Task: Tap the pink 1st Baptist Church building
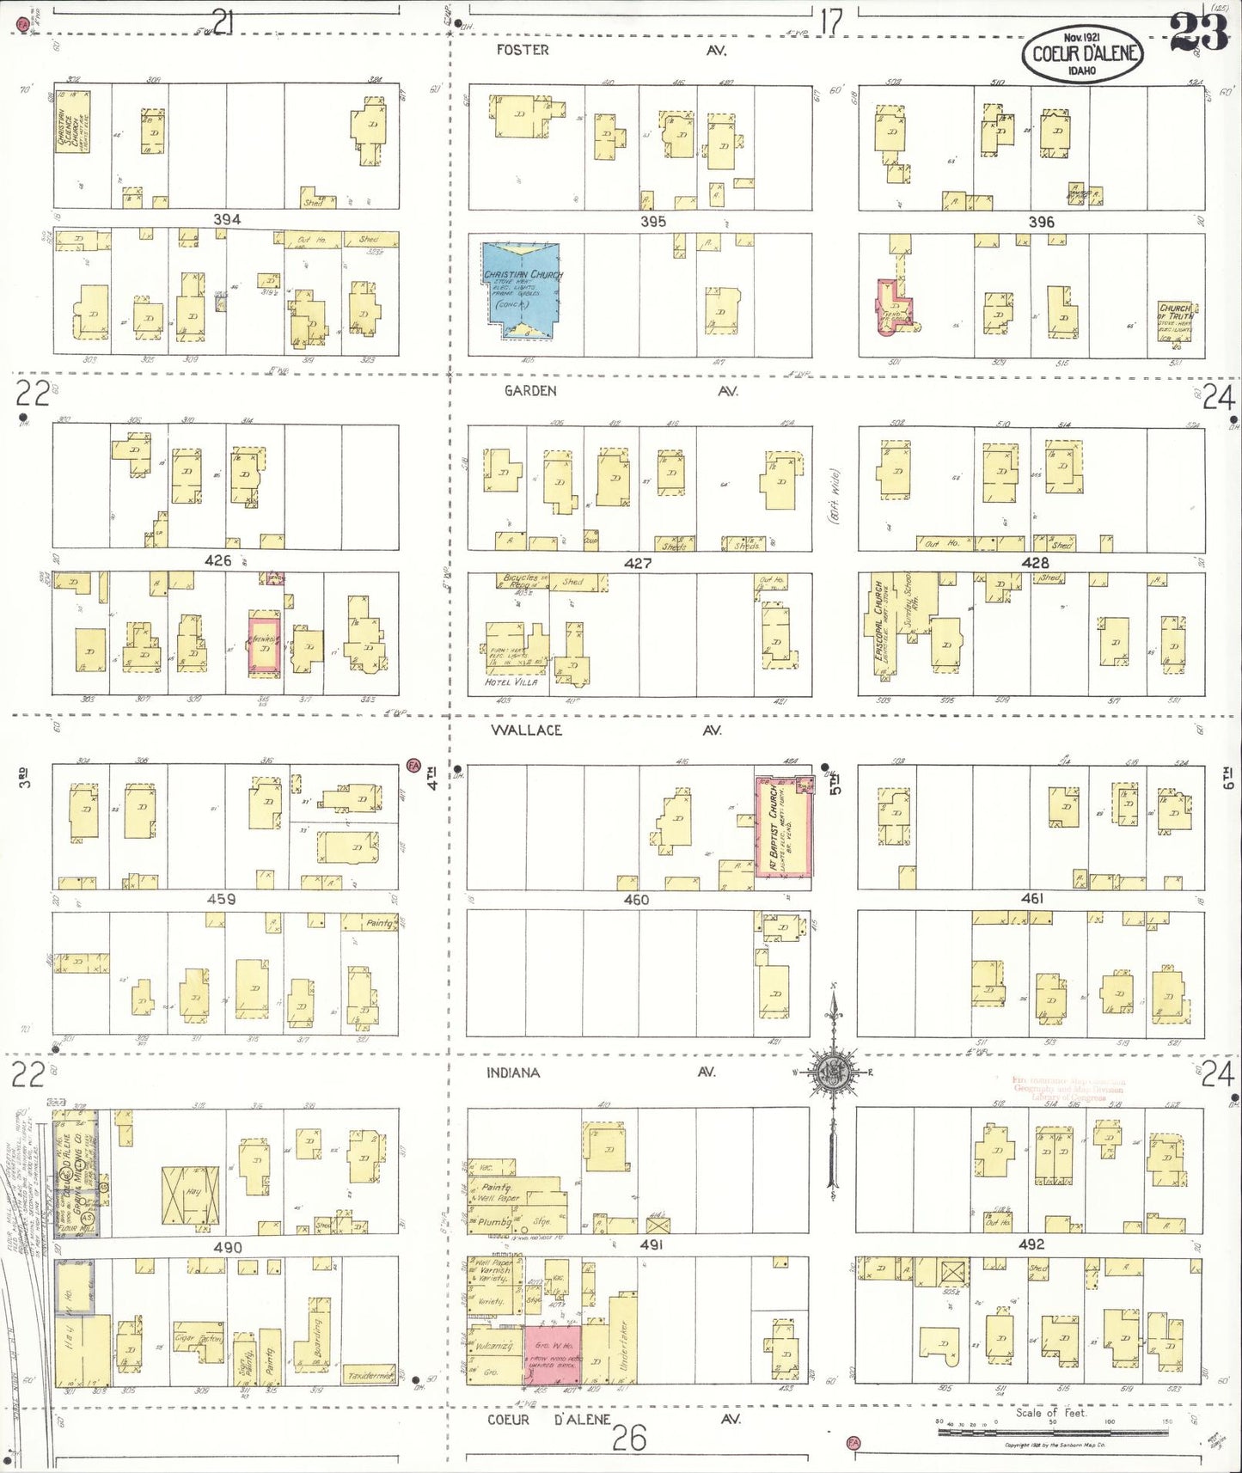coord(784,826)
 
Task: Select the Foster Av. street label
coord(523,50)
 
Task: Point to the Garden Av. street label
coord(530,391)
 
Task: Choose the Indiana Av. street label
coord(513,1073)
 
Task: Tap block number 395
coord(653,221)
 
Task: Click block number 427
coord(638,563)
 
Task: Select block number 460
coord(636,900)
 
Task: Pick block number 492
coord(1031,1244)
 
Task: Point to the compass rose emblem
coord(832,1072)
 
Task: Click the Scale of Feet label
coord(1050,1412)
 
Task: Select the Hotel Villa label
coord(511,681)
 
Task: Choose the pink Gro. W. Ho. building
coord(554,1354)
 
